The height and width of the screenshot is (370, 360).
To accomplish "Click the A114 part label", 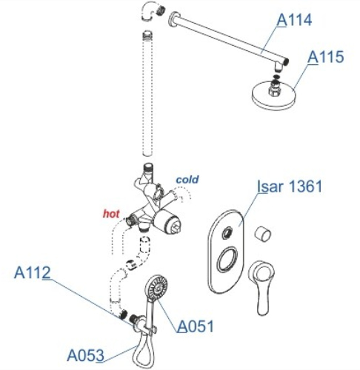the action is click(294, 19).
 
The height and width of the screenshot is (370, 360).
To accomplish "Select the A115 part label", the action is click(325, 57).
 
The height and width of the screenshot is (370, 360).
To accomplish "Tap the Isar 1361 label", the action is click(290, 186).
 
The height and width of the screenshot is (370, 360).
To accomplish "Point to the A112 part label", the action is click(33, 272).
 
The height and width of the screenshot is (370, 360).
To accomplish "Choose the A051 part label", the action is click(196, 326).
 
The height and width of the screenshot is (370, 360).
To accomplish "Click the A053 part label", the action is click(85, 355).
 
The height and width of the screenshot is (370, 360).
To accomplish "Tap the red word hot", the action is click(111, 214).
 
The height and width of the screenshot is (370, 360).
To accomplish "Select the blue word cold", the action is click(187, 179).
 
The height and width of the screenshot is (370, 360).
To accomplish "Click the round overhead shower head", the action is click(273, 95).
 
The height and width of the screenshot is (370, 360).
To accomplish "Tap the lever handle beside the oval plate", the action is click(261, 287).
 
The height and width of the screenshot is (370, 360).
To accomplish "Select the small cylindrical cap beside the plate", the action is click(263, 233).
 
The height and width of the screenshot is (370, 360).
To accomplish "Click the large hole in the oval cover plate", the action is click(227, 260).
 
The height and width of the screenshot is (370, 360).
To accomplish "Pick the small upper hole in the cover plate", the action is click(227, 233).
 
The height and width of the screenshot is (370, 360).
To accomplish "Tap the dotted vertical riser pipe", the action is click(147, 94).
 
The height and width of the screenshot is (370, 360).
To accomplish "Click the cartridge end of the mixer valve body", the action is click(173, 223).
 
